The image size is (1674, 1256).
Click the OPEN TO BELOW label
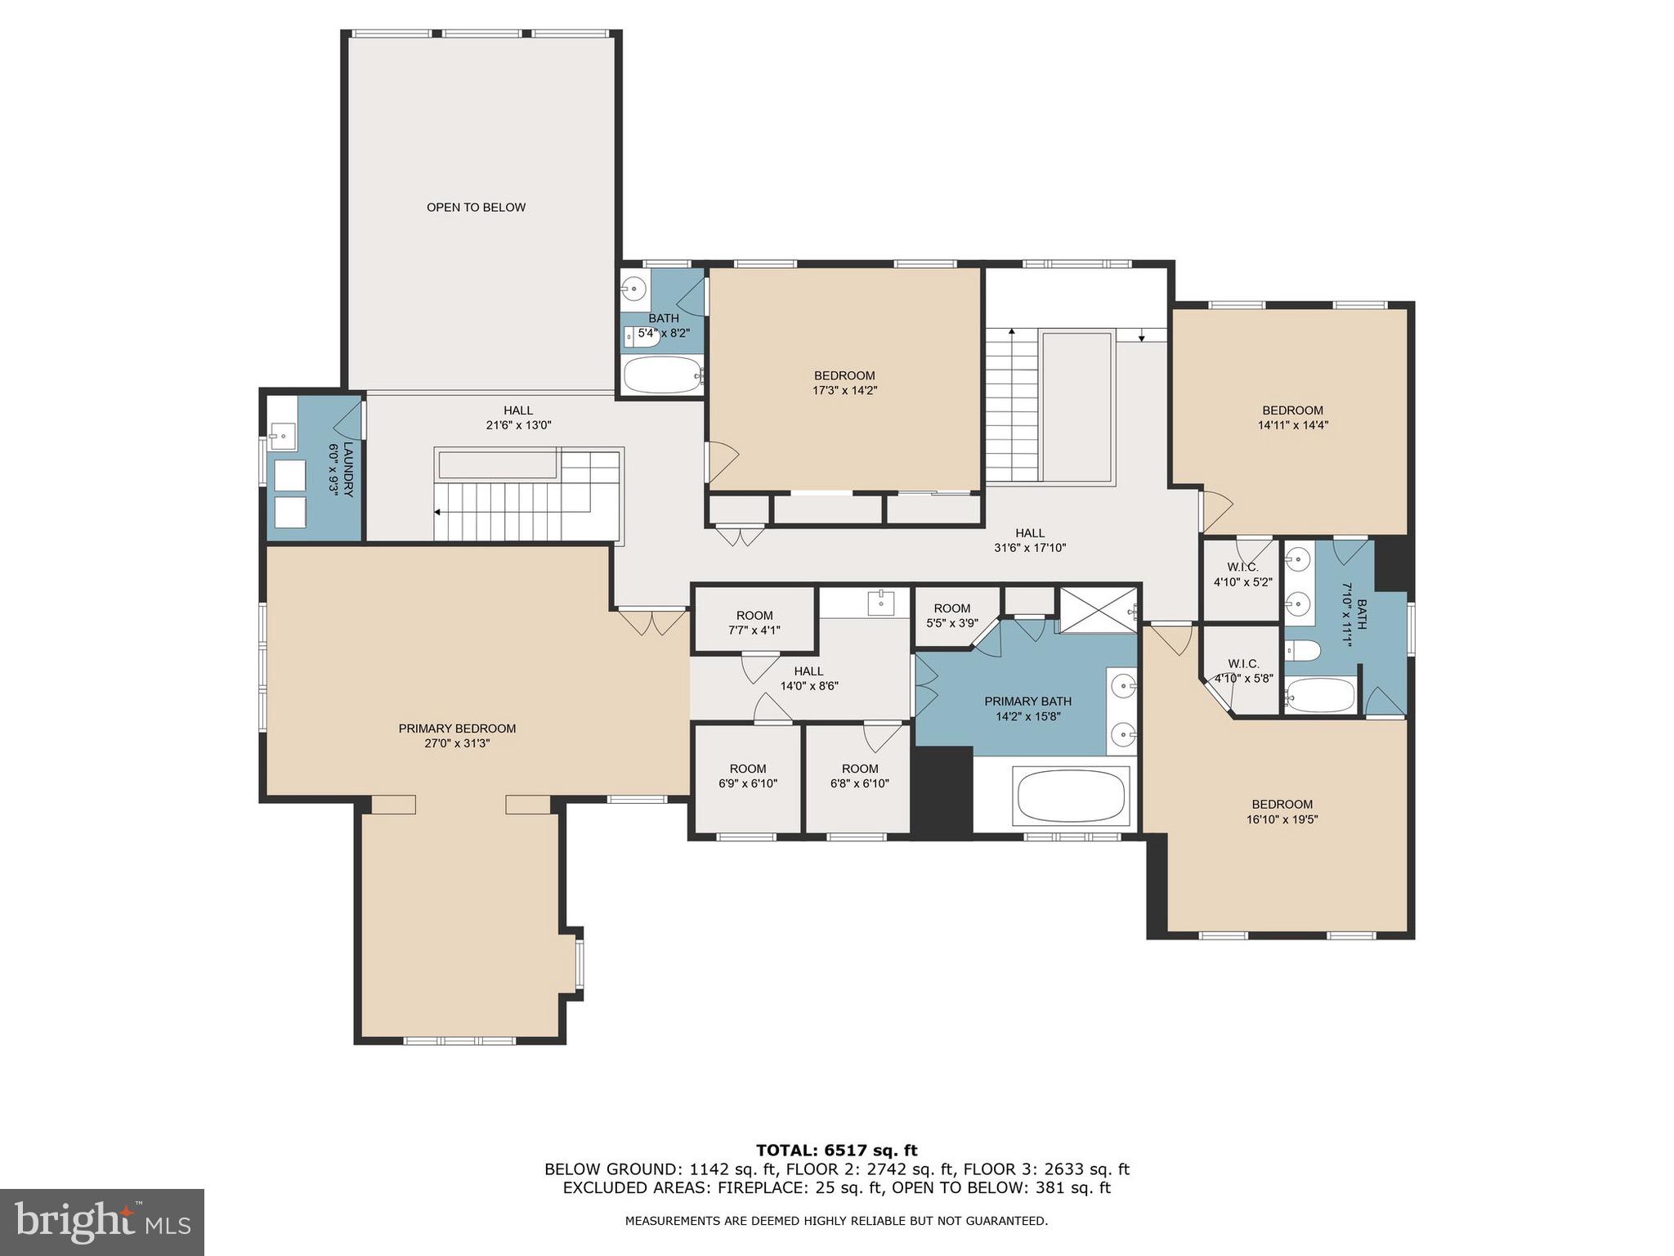pos(476,208)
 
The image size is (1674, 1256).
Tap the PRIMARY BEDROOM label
pos(457,729)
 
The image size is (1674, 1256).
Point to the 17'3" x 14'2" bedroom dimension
pos(844,391)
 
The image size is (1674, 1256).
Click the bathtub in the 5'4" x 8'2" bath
pos(660,376)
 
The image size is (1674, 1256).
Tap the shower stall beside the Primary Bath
pos(1098,610)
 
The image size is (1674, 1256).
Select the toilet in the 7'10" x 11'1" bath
pos(1303,651)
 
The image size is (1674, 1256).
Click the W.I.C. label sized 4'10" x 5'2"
pos(1242,567)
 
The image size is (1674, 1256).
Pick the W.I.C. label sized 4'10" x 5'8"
pos(1243,664)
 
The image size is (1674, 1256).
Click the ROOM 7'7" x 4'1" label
pos(754,616)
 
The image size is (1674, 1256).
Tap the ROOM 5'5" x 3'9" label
pos(951,608)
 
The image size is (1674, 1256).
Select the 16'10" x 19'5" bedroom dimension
pos(1282,819)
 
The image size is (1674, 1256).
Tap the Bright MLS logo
pos(102,1222)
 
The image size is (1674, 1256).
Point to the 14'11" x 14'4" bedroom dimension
pos(1292,425)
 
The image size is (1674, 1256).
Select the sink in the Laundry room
pos(284,433)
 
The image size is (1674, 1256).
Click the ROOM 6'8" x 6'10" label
pos(859,769)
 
